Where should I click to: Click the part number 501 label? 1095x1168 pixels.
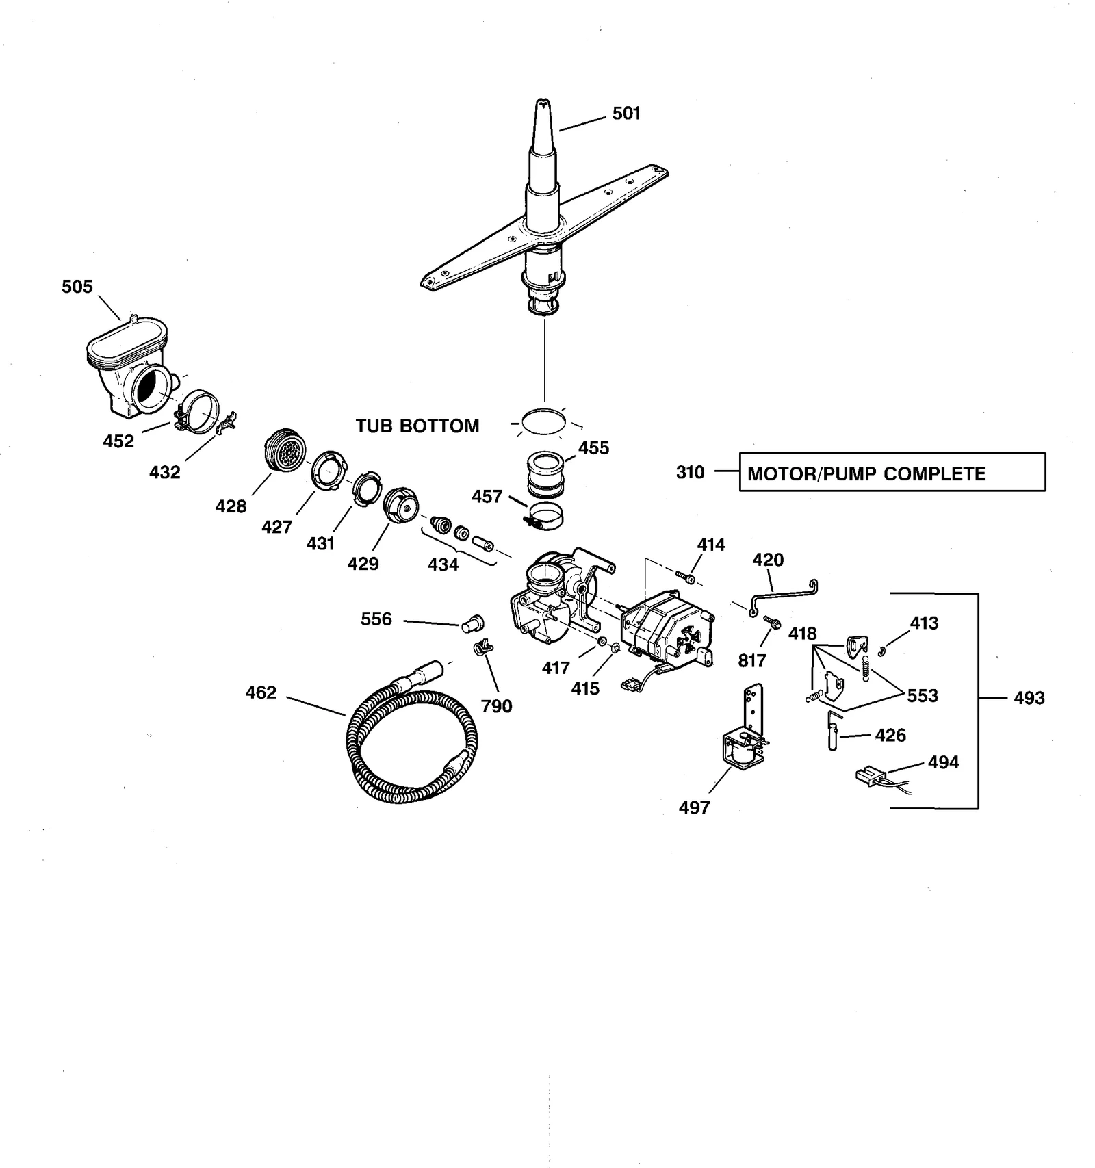tap(626, 113)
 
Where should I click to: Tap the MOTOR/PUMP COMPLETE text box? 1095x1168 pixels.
tap(892, 472)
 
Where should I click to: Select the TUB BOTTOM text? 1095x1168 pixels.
tap(417, 426)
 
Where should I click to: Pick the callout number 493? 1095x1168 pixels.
tap(1029, 698)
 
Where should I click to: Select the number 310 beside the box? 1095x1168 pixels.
tap(690, 472)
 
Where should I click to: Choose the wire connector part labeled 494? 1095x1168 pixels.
tap(870, 777)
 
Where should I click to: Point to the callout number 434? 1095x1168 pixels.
tap(443, 564)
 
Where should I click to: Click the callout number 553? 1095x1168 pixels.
tap(922, 695)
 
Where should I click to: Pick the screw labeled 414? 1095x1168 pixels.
tap(685, 576)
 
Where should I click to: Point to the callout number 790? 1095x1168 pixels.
tap(496, 705)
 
